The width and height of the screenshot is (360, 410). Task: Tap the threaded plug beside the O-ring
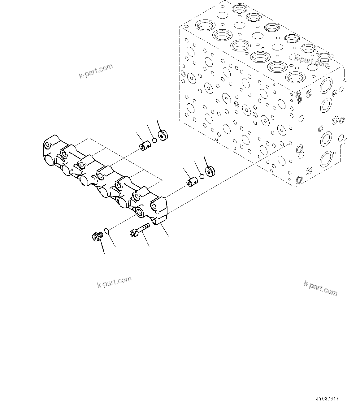pos(97,237)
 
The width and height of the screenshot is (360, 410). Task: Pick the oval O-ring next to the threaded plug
pos(106,231)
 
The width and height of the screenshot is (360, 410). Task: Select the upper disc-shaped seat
pos(163,135)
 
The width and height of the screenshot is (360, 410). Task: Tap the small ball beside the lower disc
pos(202,176)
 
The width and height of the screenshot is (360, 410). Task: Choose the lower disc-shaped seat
pos(210,171)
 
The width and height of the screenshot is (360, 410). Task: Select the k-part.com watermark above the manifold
pos(96,71)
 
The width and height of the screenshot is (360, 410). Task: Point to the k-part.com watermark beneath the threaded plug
pos(114,282)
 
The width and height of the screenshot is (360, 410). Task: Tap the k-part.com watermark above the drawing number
pos(321,288)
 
